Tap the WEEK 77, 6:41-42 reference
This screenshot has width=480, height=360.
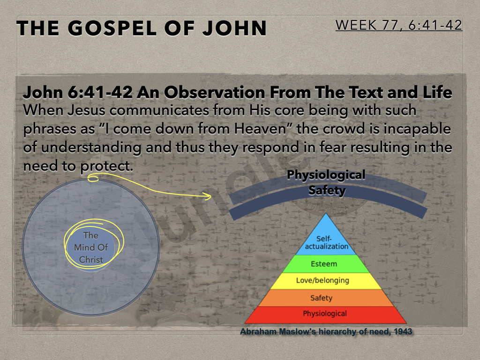[x=398, y=25]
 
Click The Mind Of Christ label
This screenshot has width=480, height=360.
[x=91, y=247]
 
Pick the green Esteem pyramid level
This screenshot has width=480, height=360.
[x=326, y=264]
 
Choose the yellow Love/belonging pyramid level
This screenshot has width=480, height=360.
[x=326, y=281]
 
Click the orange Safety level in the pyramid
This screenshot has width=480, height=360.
[x=326, y=298]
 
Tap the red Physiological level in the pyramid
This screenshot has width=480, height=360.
[x=326, y=315]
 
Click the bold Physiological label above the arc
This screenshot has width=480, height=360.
[x=326, y=175]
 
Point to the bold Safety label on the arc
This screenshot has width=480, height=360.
[x=327, y=190]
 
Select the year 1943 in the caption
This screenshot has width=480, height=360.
[x=403, y=331]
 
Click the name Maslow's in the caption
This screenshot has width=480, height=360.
[x=299, y=331]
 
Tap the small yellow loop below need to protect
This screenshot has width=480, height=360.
[x=93, y=178]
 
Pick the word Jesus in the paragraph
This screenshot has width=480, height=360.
[x=86, y=110]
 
